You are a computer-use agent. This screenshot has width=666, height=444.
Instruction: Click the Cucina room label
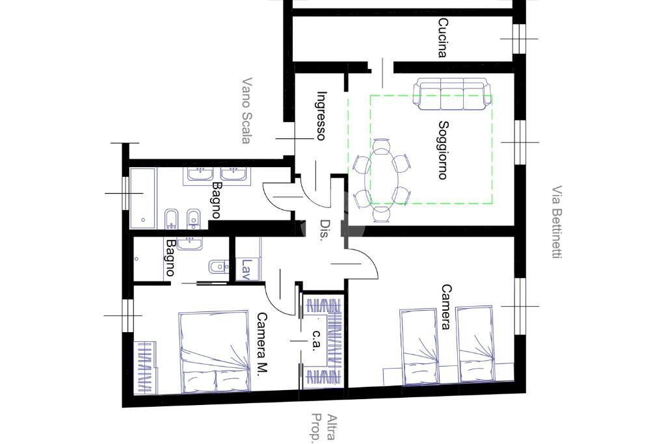point(442,38)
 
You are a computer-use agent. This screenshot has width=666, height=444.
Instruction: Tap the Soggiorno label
point(442,150)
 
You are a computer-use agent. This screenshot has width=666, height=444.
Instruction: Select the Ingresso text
point(321,116)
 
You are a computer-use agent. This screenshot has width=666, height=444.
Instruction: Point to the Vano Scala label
point(246,111)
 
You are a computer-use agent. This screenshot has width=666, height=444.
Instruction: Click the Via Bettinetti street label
point(556,223)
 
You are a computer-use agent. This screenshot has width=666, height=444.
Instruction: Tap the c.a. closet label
point(317,340)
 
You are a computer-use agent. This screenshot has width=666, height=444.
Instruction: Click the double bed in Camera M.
point(213,352)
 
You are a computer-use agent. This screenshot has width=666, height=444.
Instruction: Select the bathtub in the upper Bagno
point(142,197)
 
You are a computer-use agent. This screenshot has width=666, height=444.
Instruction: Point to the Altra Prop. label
point(325,427)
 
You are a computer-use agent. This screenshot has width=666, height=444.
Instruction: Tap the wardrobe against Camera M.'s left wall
point(146,367)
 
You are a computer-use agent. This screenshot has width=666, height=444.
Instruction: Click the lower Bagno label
point(170,258)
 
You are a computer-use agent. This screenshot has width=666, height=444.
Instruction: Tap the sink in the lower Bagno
point(191,243)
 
